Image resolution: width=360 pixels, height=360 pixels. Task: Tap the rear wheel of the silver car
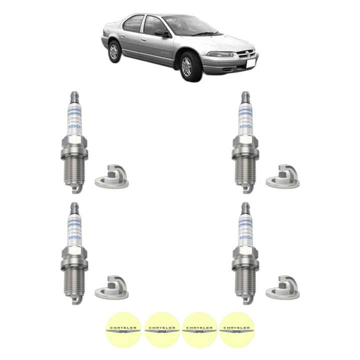tap(114, 51)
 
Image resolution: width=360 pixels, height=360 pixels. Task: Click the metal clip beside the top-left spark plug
tap(111, 175)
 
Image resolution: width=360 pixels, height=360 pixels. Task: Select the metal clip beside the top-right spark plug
tap(282, 175)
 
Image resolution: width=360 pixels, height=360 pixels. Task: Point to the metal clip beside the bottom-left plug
tap(111, 287)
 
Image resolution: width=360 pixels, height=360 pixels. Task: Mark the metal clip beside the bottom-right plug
tap(282, 287)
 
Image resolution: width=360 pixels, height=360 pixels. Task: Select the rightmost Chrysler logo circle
tap(235, 328)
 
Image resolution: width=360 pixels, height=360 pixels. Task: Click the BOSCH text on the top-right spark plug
tap(245, 131)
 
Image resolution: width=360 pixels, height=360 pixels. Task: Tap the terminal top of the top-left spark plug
tap(74, 93)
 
